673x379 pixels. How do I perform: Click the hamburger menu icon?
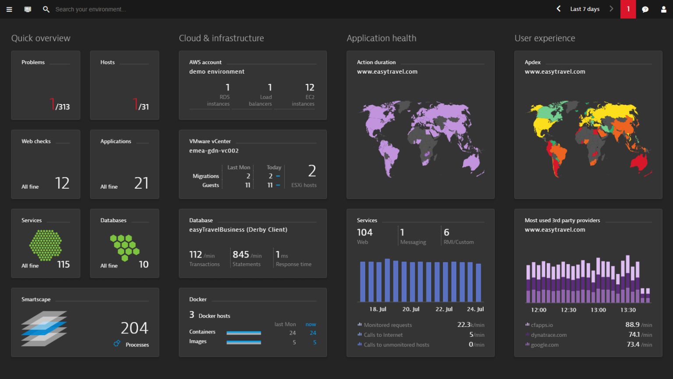[x=9, y=9]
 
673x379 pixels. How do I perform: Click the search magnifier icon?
[x=46, y=9]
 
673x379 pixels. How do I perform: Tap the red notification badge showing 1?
[x=628, y=9]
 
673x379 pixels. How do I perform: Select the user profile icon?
[x=663, y=9]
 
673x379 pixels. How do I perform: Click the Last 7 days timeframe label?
[x=584, y=9]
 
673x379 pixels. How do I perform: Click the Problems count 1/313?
[x=60, y=105]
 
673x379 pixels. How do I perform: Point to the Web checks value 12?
[x=62, y=183]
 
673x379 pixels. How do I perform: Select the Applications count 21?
[x=141, y=183]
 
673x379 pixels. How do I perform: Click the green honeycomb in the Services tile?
[x=46, y=245]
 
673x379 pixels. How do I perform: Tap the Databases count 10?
[x=144, y=264]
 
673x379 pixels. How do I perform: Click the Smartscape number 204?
[x=135, y=328]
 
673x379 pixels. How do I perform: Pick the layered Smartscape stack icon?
[x=44, y=329]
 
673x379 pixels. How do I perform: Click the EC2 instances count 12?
[x=309, y=87]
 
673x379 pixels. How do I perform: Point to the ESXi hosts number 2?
[x=312, y=171]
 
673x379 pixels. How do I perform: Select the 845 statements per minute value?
[x=241, y=254]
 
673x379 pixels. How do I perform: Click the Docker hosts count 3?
[x=192, y=315]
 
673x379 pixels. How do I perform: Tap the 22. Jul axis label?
[x=444, y=309]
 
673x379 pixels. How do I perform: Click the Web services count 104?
[x=365, y=232]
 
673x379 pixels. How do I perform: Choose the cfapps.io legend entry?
[x=542, y=325]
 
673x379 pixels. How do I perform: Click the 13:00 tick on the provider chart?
[x=598, y=310]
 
